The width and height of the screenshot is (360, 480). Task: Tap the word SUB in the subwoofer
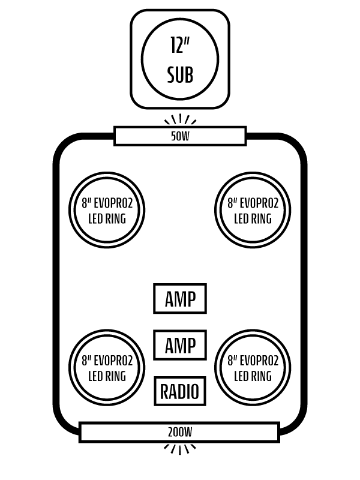(180, 76)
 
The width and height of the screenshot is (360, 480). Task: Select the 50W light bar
(180, 136)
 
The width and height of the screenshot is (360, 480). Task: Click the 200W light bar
(179, 432)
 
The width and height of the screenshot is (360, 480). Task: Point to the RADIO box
(180, 392)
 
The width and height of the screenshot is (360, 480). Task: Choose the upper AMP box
(180, 299)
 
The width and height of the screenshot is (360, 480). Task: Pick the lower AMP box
(180, 345)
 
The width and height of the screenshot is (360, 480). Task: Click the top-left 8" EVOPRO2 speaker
(107, 210)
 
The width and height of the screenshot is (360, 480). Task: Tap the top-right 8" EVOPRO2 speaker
(253, 210)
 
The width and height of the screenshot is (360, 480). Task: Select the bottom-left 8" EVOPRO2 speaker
(107, 368)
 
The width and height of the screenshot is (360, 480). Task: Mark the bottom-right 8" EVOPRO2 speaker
(253, 368)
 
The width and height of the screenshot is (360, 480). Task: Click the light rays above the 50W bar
(180, 119)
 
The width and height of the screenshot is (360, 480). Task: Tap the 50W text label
(180, 136)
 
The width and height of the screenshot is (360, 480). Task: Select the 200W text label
(180, 432)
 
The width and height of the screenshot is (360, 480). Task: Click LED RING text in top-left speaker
(107, 218)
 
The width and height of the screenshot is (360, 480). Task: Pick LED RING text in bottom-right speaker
(253, 377)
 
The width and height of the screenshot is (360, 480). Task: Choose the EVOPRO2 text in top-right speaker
(259, 203)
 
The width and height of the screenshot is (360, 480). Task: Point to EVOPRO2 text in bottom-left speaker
(113, 361)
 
